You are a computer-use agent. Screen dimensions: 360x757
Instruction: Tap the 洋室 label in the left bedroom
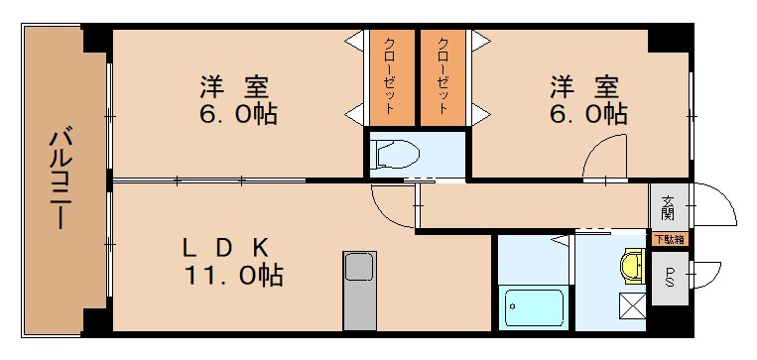tap(235, 85)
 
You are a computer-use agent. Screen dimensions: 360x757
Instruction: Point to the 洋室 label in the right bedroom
tap(585, 85)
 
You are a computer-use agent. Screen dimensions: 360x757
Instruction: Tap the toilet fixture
tap(396, 155)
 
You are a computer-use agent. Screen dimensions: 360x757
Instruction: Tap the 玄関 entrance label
tap(667, 208)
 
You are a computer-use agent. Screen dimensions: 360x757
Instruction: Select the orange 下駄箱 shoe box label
tap(667, 238)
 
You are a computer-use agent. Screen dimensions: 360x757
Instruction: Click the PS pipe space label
tap(670, 276)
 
